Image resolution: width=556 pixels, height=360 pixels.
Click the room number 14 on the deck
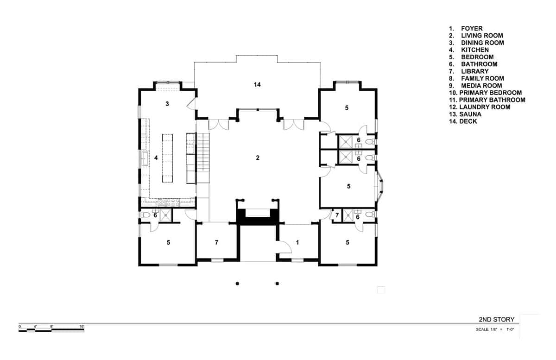coord(258,84)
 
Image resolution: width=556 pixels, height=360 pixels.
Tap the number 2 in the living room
coord(258,158)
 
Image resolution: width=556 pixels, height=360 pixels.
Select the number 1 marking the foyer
coord(297,242)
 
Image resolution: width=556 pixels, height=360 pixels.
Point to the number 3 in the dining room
coord(167,104)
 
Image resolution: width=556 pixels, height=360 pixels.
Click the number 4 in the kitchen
coord(156,158)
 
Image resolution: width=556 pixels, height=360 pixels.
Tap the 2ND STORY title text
coord(496,320)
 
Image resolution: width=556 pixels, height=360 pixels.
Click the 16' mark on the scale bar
coord(82,327)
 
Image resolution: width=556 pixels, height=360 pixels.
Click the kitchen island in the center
coord(167,158)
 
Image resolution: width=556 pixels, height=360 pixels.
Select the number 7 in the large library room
coord(216,242)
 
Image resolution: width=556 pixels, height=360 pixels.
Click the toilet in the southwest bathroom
coord(145,215)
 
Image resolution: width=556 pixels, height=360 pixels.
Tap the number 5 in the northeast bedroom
coord(347,108)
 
